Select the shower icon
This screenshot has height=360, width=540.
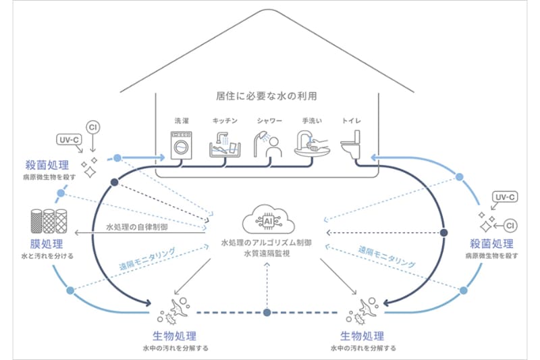tap(265, 143)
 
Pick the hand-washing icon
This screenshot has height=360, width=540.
tap(312, 143)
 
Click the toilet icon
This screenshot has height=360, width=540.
tap(352, 144)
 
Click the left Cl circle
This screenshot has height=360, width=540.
tap(94, 126)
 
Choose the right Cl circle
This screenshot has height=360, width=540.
tap(510, 224)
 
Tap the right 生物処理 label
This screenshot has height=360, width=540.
tap(362, 336)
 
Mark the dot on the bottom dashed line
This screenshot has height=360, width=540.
tap(267, 313)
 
